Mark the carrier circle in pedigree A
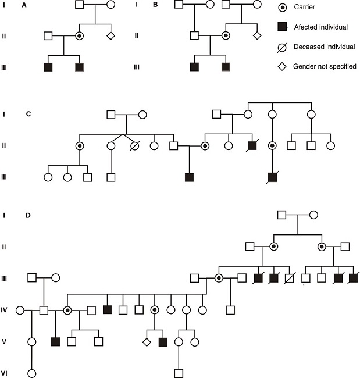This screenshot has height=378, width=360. tap(80, 36)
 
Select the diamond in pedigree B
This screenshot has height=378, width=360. tap(256, 36)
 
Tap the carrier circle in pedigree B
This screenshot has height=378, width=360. tap(226, 36)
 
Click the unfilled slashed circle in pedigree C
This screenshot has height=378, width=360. tap(137, 146)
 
